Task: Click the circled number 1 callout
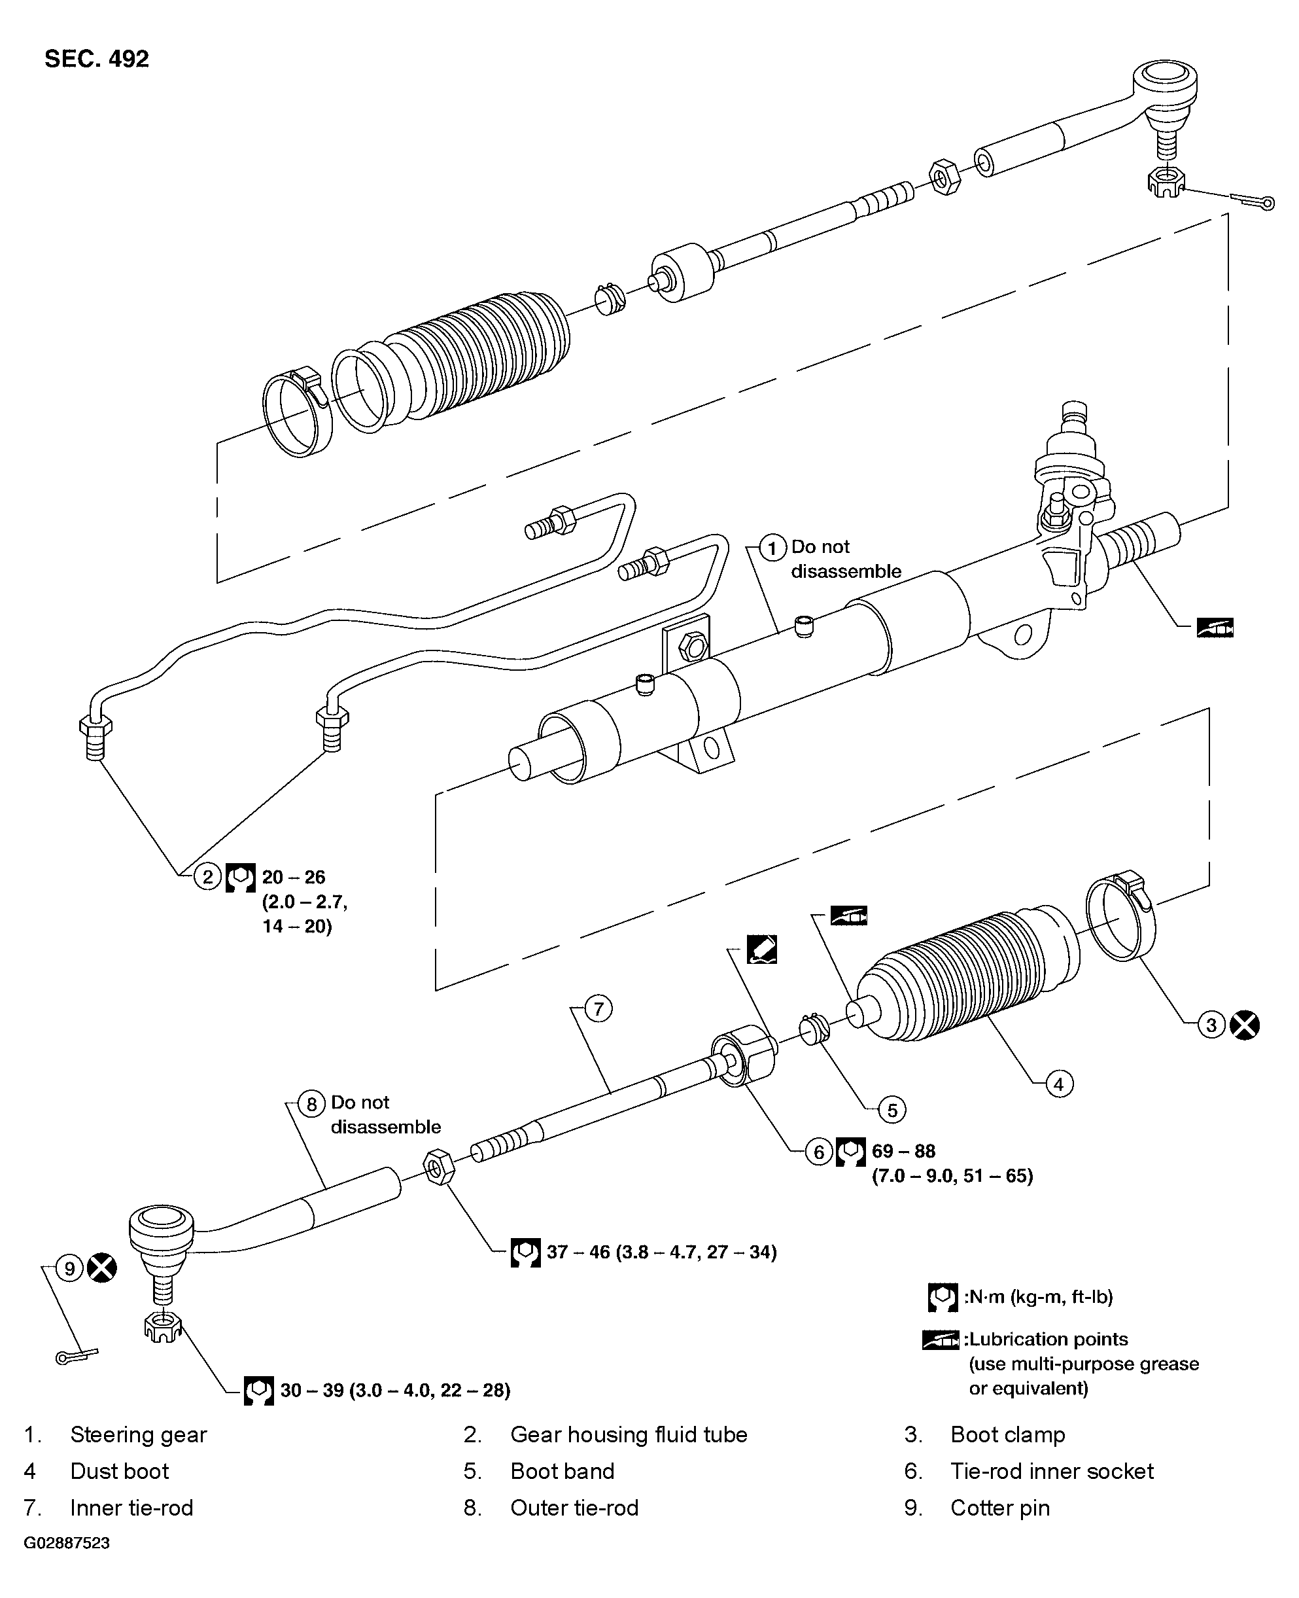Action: pyautogui.click(x=772, y=548)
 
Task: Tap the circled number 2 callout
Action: pyautogui.click(x=208, y=876)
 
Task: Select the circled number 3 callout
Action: pyautogui.click(x=1211, y=1025)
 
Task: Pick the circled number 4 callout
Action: pyautogui.click(x=1058, y=1084)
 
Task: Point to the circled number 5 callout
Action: pyautogui.click(x=892, y=1109)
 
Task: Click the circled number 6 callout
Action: pyautogui.click(x=819, y=1152)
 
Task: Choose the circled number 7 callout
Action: pyautogui.click(x=598, y=1009)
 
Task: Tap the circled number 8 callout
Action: pyautogui.click(x=311, y=1104)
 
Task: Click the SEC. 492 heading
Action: pyautogui.click(x=97, y=58)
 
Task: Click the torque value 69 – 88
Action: pyautogui.click(x=903, y=1151)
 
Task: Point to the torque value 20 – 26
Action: pyautogui.click(x=293, y=876)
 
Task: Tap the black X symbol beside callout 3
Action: pyautogui.click(x=1244, y=1025)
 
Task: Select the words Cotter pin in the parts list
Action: pyautogui.click(x=999, y=1508)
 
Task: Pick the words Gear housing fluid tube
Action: pyautogui.click(x=629, y=1434)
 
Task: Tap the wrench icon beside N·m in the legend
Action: pyautogui.click(x=942, y=1297)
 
